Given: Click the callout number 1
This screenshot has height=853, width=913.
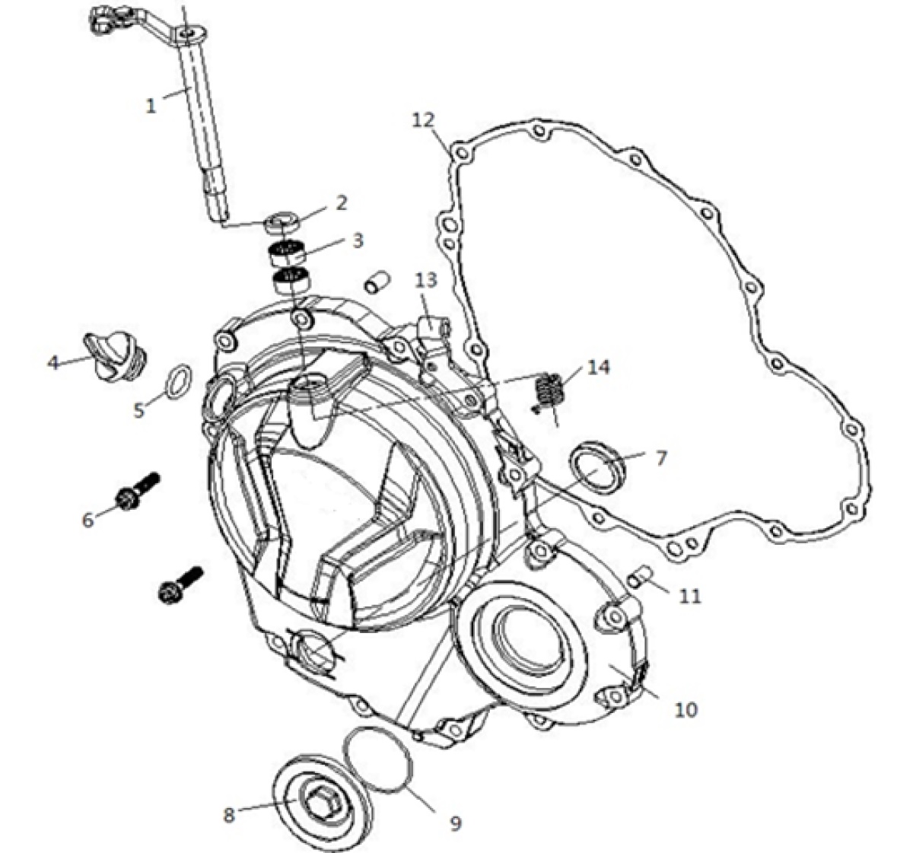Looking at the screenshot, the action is (x=151, y=106).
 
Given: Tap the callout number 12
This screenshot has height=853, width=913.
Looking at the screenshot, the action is (x=423, y=120).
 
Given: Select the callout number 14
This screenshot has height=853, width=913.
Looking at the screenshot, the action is (x=596, y=367).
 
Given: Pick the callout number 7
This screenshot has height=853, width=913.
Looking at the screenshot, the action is (x=660, y=458).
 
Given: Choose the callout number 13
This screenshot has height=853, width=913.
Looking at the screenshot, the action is (x=426, y=279).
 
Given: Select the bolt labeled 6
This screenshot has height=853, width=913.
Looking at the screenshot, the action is (x=138, y=490).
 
